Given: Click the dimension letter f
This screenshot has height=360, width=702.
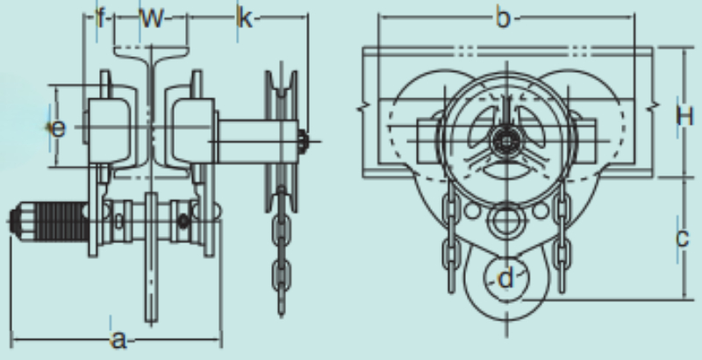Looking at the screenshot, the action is pos(101,18).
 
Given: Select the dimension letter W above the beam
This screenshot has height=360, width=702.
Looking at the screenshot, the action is pos(152,18).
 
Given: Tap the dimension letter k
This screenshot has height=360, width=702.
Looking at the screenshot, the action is pos(245,18).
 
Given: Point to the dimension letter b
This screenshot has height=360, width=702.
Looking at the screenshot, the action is pos(503,18).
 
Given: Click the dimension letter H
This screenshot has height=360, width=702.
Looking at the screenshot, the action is pos(685,117).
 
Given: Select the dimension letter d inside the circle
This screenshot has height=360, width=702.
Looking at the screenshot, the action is pos(505,278).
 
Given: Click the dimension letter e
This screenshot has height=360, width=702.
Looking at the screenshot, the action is pos(58,129).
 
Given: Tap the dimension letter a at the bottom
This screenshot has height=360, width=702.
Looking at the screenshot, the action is pos(118,340).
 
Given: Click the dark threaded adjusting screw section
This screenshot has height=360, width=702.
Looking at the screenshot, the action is pos(62,221).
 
